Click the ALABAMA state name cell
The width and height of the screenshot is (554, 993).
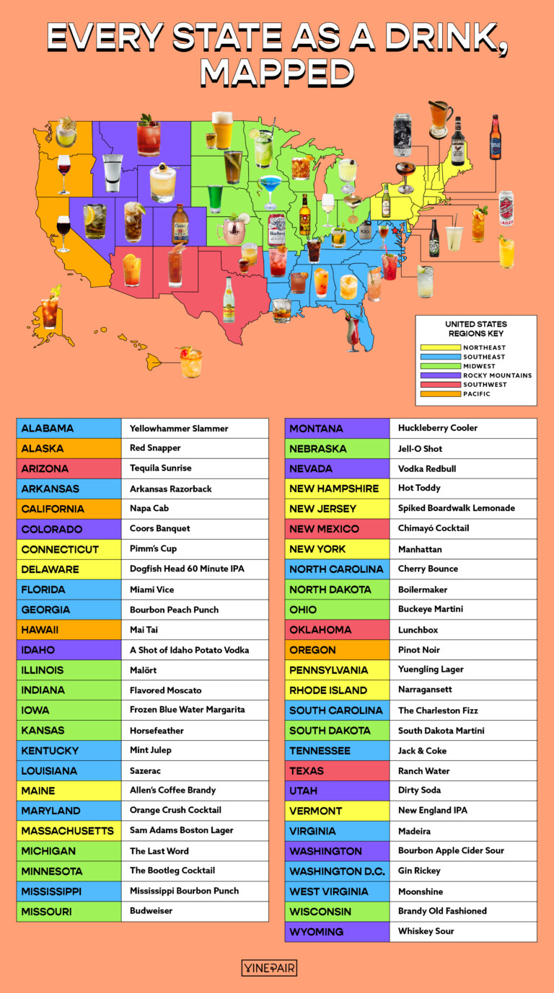(x=69, y=428)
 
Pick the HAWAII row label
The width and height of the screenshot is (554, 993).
(x=69, y=629)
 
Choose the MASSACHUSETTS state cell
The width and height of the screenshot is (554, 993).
(x=69, y=830)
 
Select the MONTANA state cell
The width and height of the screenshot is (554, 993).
(x=337, y=428)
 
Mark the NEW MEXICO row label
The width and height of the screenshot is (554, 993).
(x=337, y=529)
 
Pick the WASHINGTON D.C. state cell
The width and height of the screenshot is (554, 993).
(x=337, y=871)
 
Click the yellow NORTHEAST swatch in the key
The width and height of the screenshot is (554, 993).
(x=440, y=347)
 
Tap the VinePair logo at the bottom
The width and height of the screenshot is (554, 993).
(x=269, y=968)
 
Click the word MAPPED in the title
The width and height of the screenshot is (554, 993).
(x=277, y=72)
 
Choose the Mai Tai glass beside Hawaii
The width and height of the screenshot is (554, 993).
(x=191, y=362)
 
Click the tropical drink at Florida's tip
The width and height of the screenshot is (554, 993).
(x=353, y=332)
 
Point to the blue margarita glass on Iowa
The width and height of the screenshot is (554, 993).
(x=270, y=189)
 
